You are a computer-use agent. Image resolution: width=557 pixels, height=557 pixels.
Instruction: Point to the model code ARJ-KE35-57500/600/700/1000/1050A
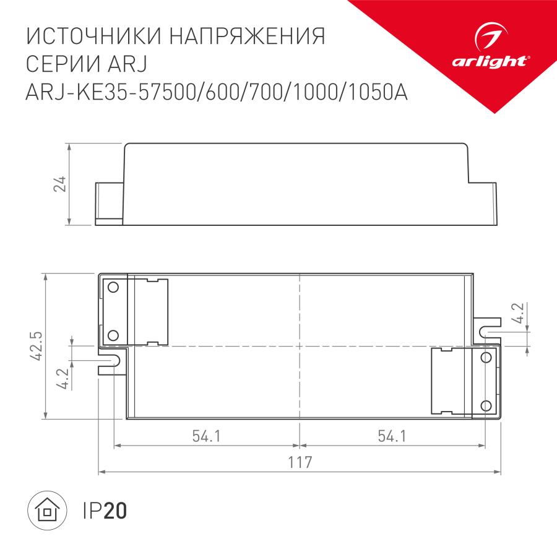(x=217, y=92)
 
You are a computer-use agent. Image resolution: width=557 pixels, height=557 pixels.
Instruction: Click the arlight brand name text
(x=490, y=61)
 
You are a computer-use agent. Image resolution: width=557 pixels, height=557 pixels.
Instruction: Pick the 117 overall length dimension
(x=300, y=462)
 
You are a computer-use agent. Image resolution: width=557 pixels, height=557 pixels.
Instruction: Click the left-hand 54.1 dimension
(x=206, y=436)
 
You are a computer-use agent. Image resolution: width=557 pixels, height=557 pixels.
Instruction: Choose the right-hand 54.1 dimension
(x=392, y=436)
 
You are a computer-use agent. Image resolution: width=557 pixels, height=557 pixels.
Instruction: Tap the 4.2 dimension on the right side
(x=519, y=315)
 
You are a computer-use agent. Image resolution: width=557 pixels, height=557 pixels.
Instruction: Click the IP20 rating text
(x=104, y=511)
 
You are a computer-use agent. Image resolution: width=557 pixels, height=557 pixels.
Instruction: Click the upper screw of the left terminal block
(x=113, y=288)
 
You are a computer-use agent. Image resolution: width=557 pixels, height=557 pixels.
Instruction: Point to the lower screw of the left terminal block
(x=113, y=335)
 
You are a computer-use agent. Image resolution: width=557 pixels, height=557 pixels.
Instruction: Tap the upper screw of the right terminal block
(x=486, y=358)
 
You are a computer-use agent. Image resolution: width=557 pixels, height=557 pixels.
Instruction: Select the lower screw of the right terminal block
(x=486, y=405)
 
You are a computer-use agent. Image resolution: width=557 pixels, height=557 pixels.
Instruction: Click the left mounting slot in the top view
(x=111, y=361)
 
